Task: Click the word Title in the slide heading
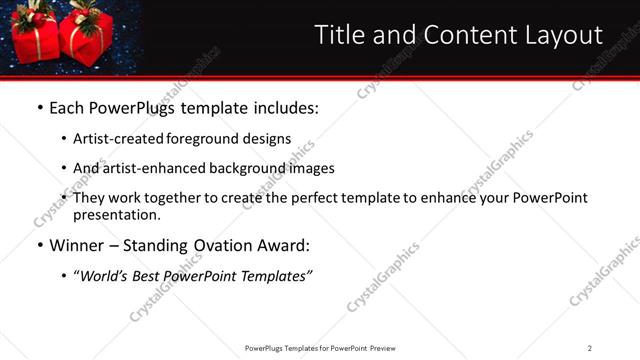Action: click(339, 36)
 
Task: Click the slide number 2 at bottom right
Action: click(590, 348)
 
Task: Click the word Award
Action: click(285, 245)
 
